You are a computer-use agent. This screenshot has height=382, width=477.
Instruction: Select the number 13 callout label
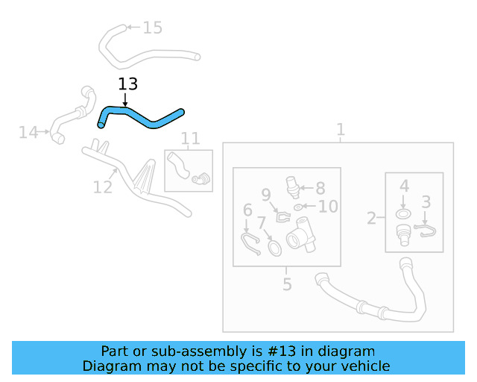[127, 85]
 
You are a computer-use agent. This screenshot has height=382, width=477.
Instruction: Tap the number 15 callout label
[152, 28]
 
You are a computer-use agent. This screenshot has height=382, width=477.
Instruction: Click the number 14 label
[28, 133]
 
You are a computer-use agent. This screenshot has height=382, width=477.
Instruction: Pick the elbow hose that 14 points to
[71, 115]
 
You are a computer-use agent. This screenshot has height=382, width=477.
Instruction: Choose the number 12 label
[103, 186]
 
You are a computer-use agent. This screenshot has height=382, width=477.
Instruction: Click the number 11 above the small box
[190, 138]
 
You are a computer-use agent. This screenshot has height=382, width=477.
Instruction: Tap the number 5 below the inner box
[287, 284]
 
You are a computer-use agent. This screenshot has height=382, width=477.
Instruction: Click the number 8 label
[320, 189]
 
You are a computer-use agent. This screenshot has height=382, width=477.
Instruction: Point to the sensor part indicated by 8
[293, 186]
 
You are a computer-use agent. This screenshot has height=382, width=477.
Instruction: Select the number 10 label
[328, 207]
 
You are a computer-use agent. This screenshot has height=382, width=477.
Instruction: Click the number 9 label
[266, 196]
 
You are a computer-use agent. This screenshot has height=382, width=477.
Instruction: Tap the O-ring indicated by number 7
[274, 246]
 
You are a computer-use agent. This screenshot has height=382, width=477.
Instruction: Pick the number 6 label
[247, 211]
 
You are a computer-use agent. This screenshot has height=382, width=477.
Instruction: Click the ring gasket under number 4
[403, 214]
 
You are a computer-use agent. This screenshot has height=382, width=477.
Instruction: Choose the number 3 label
[426, 201]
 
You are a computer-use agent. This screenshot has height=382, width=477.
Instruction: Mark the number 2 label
[372, 219]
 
